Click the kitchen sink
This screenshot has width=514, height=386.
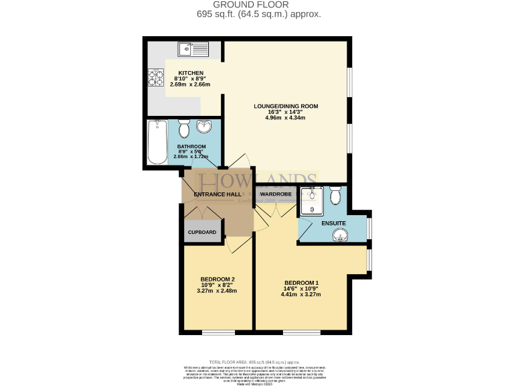(x=193, y=49)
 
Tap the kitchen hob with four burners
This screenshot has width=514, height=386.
(x=155, y=78)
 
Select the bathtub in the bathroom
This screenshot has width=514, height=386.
(x=158, y=142)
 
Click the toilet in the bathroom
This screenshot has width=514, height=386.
(x=185, y=127)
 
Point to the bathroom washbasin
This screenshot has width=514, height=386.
(x=205, y=127)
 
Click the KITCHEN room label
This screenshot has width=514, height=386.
(x=190, y=73)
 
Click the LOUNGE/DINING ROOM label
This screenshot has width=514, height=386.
(x=285, y=106)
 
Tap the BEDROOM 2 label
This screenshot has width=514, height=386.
(x=217, y=279)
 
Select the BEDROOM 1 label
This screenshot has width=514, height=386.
(x=301, y=282)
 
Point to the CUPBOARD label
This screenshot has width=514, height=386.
(x=201, y=232)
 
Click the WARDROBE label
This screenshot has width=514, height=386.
(x=275, y=194)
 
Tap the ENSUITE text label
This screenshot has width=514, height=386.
(x=333, y=222)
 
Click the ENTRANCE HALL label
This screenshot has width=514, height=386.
(x=217, y=194)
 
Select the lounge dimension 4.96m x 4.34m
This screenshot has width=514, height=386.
(x=285, y=118)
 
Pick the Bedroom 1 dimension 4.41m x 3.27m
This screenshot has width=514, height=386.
(x=301, y=294)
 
